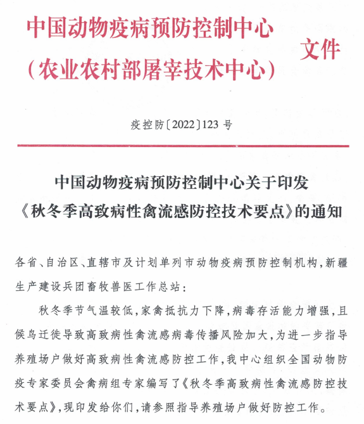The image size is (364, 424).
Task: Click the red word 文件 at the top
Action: point(321,50)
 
